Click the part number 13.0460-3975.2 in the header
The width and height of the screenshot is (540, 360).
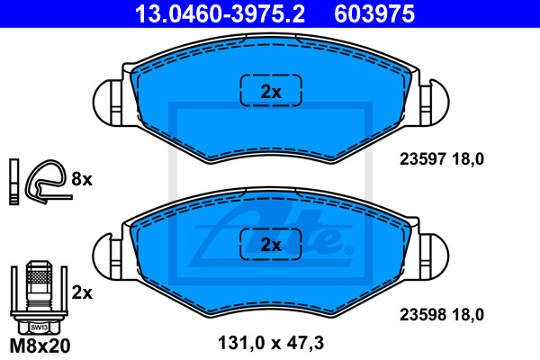220,13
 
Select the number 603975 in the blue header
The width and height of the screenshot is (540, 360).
374,13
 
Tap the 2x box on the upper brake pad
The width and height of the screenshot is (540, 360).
271,90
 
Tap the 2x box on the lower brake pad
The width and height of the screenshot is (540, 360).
271,244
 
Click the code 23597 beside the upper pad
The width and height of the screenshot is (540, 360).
423,159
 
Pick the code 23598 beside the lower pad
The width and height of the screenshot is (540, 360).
423,314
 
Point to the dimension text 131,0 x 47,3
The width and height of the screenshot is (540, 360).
271,343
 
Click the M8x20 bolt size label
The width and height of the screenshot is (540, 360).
40,346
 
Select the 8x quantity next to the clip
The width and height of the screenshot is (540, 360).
82,179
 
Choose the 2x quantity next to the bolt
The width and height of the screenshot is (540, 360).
82,292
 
